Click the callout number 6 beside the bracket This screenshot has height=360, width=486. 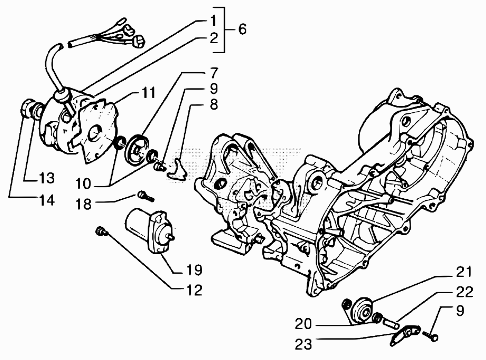(242, 29)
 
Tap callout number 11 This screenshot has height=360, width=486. (148, 92)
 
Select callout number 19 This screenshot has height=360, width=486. (194, 270)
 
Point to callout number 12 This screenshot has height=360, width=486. (194, 290)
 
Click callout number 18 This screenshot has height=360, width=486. (84, 204)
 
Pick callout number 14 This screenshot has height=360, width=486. (47, 200)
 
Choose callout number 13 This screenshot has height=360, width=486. (47, 178)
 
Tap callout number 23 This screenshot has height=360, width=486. (303, 344)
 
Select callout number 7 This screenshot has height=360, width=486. (214, 73)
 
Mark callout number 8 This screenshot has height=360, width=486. (214, 104)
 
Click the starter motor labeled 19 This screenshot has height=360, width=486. (150, 231)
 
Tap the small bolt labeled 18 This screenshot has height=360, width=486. (145, 196)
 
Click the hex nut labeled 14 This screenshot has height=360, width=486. (27, 108)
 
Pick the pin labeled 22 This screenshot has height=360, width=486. (391, 322)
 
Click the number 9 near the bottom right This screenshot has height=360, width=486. (459, 310)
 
